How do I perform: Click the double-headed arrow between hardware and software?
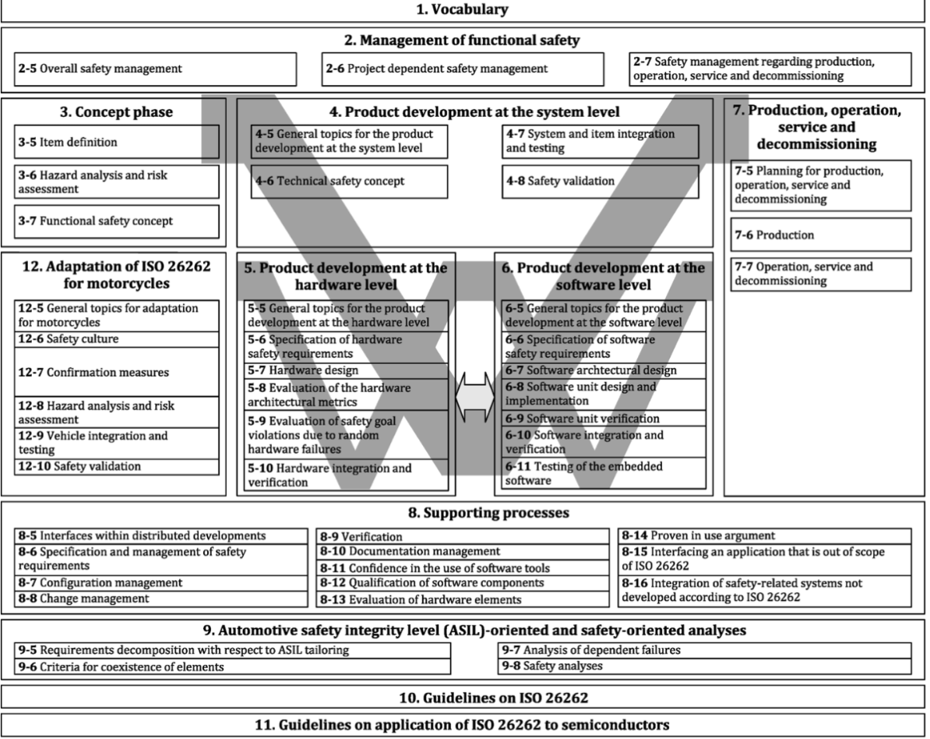point(471,395)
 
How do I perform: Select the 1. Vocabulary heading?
point(464,10)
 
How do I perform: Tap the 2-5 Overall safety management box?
point(156,69)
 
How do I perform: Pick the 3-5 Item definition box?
point(117,143)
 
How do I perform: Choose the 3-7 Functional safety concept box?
point(117,221)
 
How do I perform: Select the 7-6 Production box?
point(820,235)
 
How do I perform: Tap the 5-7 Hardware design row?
point(347,371)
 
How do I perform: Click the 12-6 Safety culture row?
point(116,339)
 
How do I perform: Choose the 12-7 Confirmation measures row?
point(116,373)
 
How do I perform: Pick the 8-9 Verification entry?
point(463,536)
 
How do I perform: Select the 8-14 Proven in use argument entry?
point(763,536)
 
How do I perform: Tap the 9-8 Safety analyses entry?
point(704,667)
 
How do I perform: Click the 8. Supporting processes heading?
point(464,514)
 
